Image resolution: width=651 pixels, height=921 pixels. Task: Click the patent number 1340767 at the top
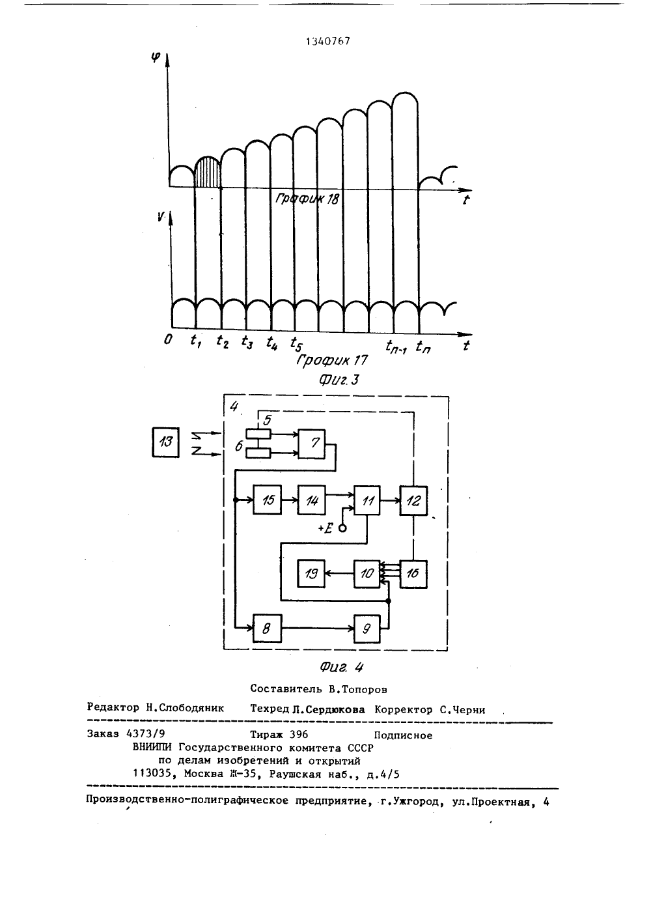coord(328,41)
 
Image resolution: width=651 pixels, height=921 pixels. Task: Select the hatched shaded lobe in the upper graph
coord(208,173)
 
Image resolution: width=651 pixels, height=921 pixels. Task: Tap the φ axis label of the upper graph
coord(156,57)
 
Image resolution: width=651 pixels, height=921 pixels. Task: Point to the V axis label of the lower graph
coord(161,216)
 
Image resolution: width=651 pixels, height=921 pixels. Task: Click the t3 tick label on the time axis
coord(247,342)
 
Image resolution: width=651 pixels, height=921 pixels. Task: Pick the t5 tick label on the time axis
coord(296,343)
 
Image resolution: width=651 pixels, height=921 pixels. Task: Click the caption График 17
coord(331,361)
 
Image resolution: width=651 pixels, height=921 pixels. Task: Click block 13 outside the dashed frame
coord(165,442)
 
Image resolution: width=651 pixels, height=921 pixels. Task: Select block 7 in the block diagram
coord(312,444)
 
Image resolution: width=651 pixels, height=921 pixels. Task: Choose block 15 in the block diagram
coord(267,500)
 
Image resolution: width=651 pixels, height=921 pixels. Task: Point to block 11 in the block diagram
coord(367,500)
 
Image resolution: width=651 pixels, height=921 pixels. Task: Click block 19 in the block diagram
coord(312,574)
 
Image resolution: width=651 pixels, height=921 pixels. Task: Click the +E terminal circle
coord(342,528)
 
